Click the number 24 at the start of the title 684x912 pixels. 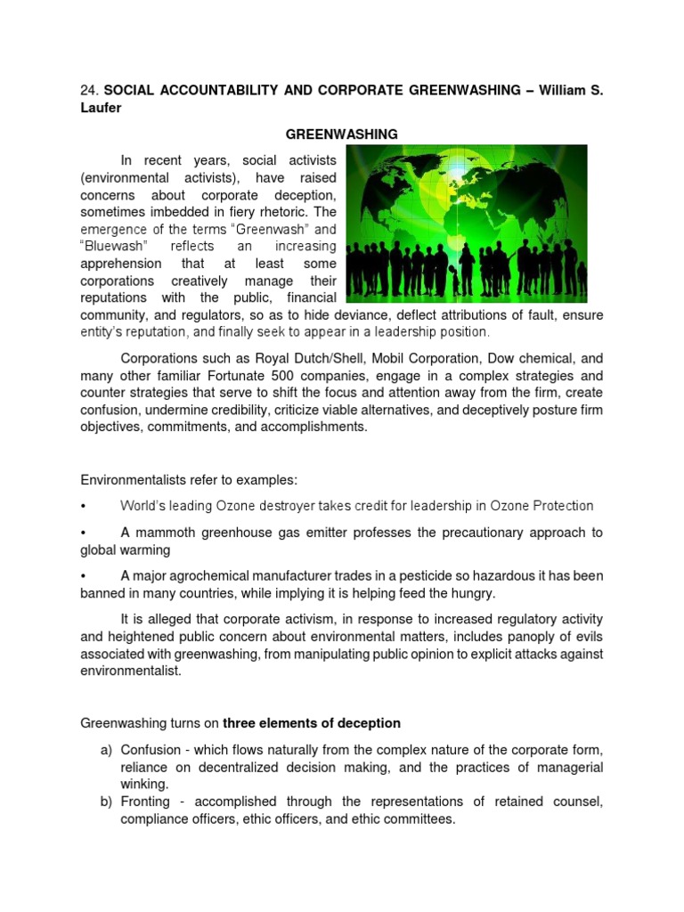[87, 91]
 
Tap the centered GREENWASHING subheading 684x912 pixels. [341, 134]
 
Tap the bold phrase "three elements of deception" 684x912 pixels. [311, 723]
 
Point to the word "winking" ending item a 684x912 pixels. [145, 784]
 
